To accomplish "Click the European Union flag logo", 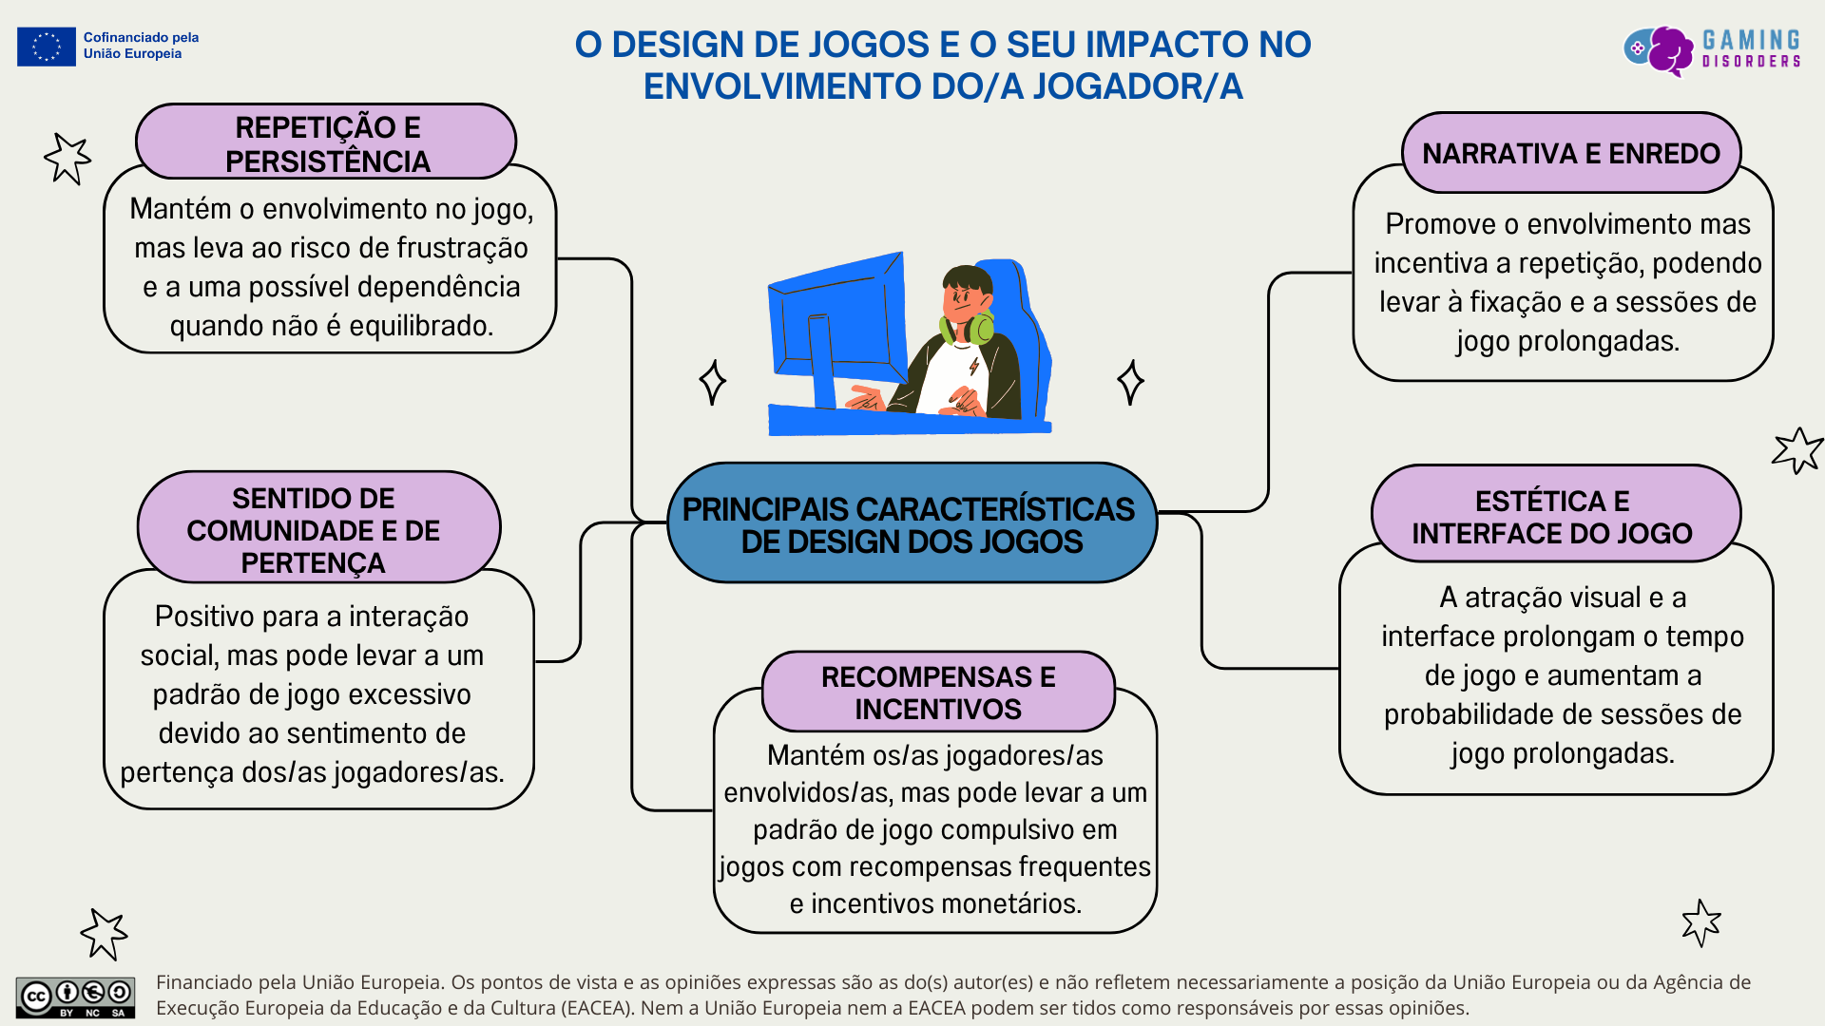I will point(46,47).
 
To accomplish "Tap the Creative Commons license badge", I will point(75,997).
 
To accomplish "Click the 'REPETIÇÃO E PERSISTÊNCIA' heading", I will point(327,143).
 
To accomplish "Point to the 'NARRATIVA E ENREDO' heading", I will point(1570,154).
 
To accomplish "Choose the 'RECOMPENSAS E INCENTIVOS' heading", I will point(937,693).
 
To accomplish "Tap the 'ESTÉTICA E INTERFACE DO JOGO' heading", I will point(1552,517).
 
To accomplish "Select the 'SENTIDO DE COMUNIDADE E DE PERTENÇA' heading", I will point(314,530).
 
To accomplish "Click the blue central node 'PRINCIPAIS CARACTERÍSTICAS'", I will point(910,524).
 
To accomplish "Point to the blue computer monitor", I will point(836,323).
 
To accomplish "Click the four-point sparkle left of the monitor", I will point(712,382).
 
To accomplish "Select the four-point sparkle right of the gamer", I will point(1130,382).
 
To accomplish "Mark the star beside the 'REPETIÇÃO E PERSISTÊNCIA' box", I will point(67,158).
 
